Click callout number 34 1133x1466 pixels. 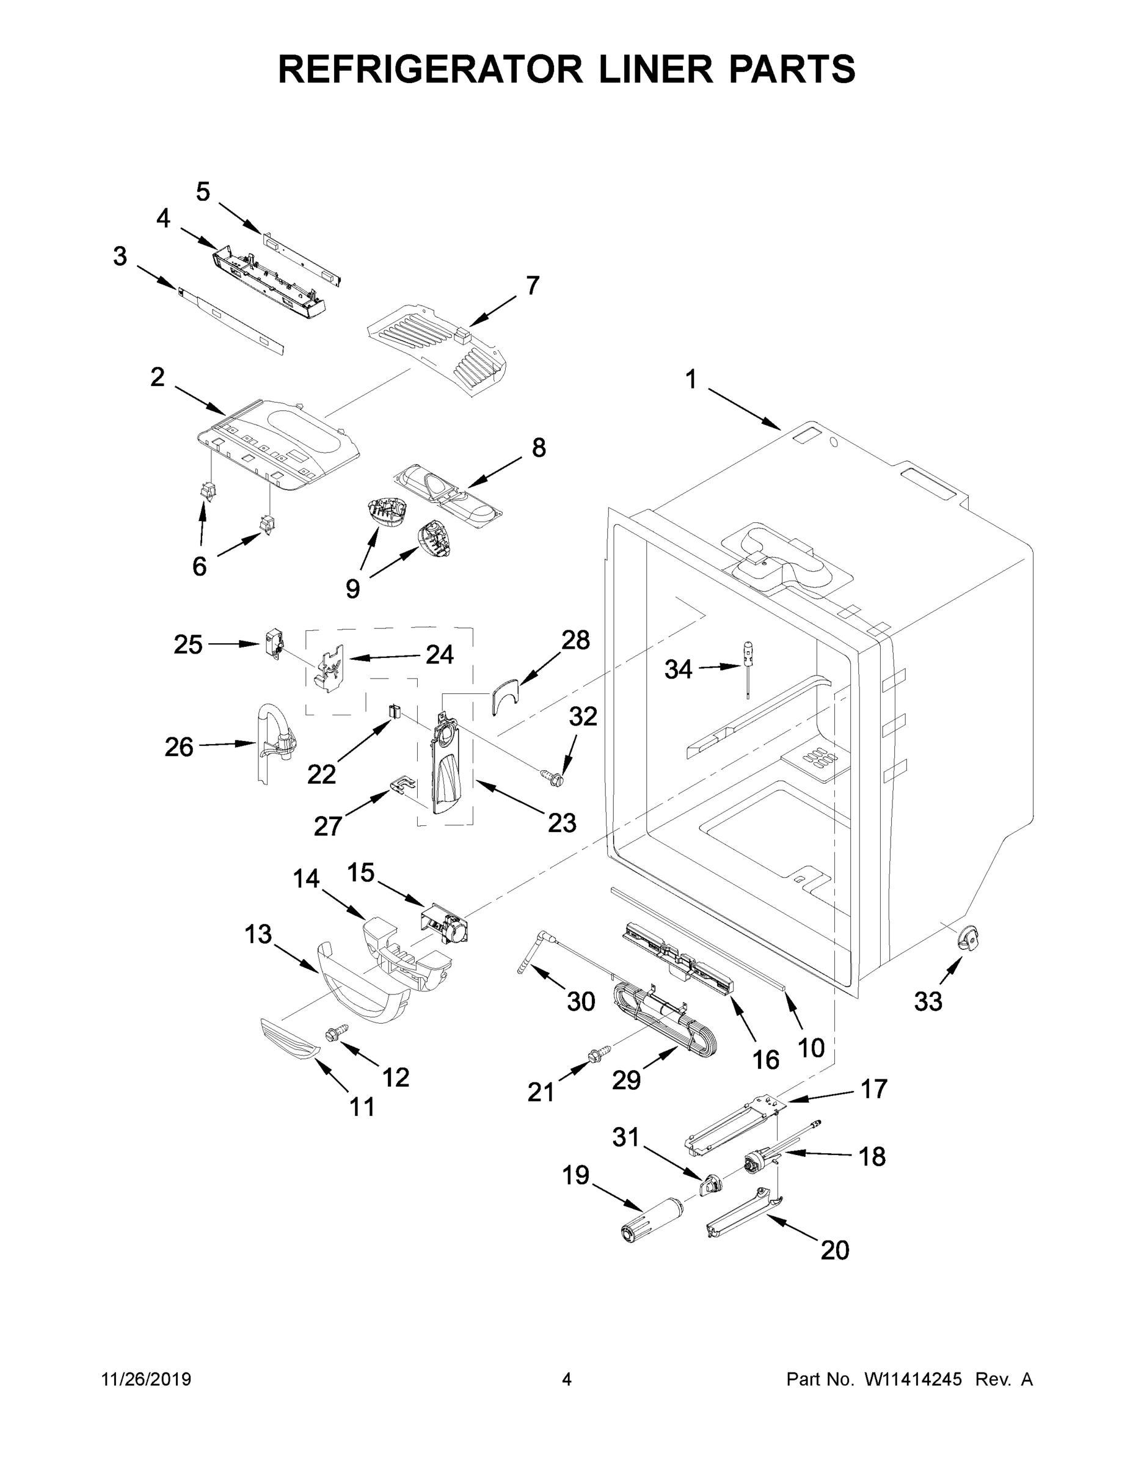(x=678, y=669)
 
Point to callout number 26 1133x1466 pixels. (x=178, y=746)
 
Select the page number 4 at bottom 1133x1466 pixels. (x=567, y=1379)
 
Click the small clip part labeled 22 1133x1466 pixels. (x=395, y=711)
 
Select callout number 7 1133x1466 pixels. (x=532, y=285)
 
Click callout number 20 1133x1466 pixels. (x=834, y=1250)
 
